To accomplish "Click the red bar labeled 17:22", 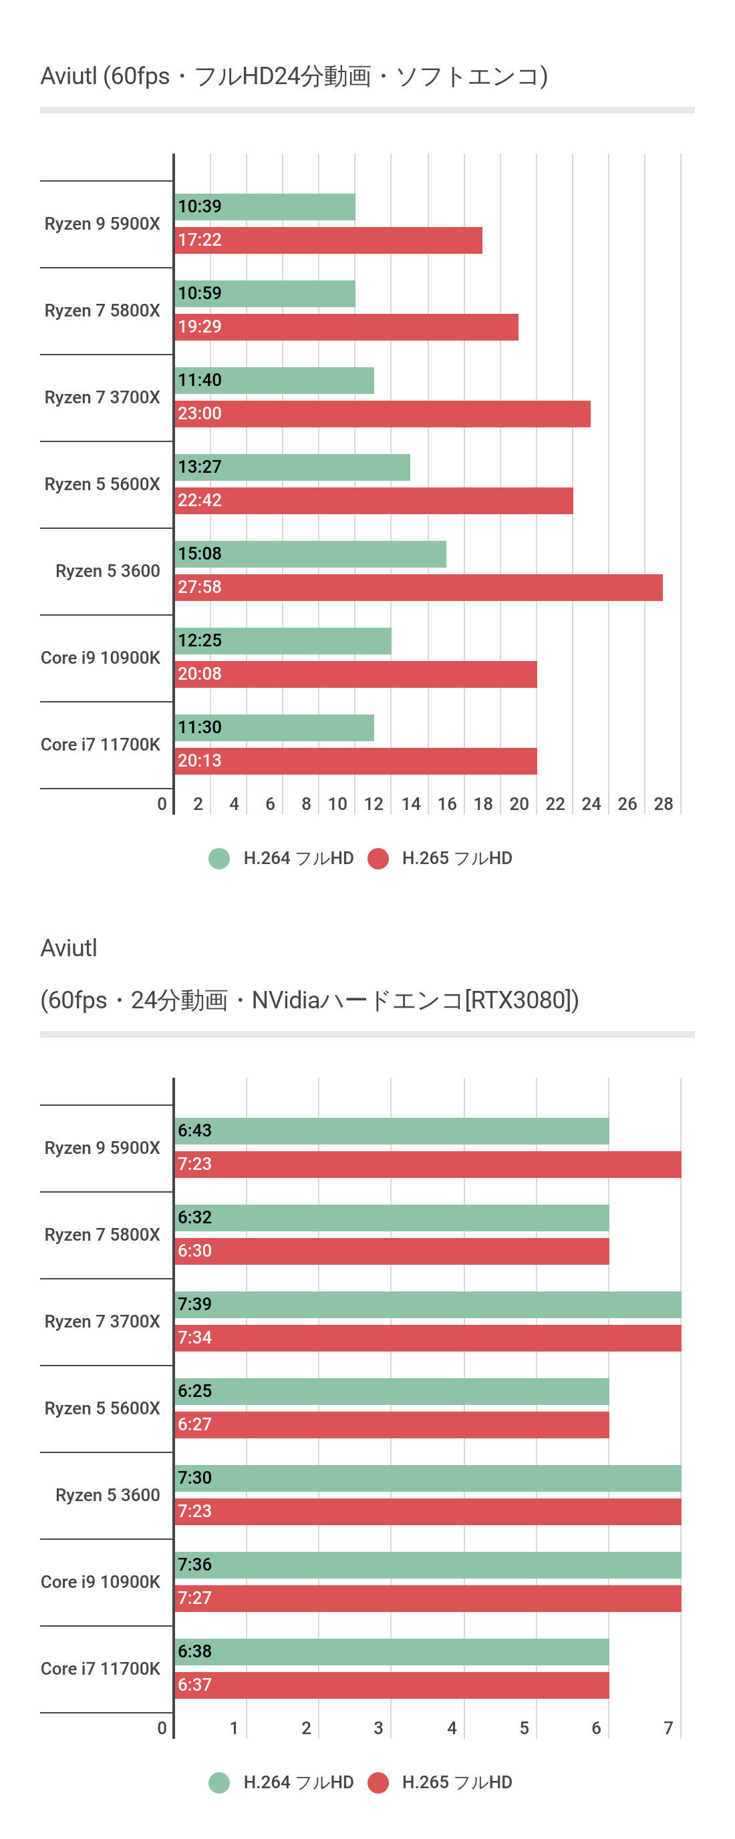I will tap(329, 240).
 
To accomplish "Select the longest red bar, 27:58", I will tap(418, 588).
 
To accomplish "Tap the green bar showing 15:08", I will tap(311, 554).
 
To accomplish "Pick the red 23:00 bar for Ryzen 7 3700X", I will tap(383, 414).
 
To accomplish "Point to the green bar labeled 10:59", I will tap(265, 294).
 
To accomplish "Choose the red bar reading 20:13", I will tap(355, 761).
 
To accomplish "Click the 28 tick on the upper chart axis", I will tap(663, 805).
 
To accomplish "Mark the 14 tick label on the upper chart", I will tap(411, 805).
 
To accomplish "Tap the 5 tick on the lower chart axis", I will tap(525, 1728).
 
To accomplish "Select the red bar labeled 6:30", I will tap(392, 1251).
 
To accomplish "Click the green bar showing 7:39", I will tap(428, 1305).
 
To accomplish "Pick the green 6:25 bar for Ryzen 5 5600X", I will tap(392, 1392).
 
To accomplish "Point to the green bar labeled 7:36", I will tap(428, 1565).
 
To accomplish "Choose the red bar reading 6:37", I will tap(392, 1685).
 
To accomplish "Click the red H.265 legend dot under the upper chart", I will tap(378, 859).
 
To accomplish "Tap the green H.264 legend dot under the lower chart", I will tap(219, 1783).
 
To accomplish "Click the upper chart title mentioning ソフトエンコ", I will tap(294, 76).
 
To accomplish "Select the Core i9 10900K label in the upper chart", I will tap(101, 658).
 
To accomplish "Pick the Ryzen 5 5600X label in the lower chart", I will tap(102, 1408).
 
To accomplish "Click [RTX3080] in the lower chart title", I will tap(521, 1000).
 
